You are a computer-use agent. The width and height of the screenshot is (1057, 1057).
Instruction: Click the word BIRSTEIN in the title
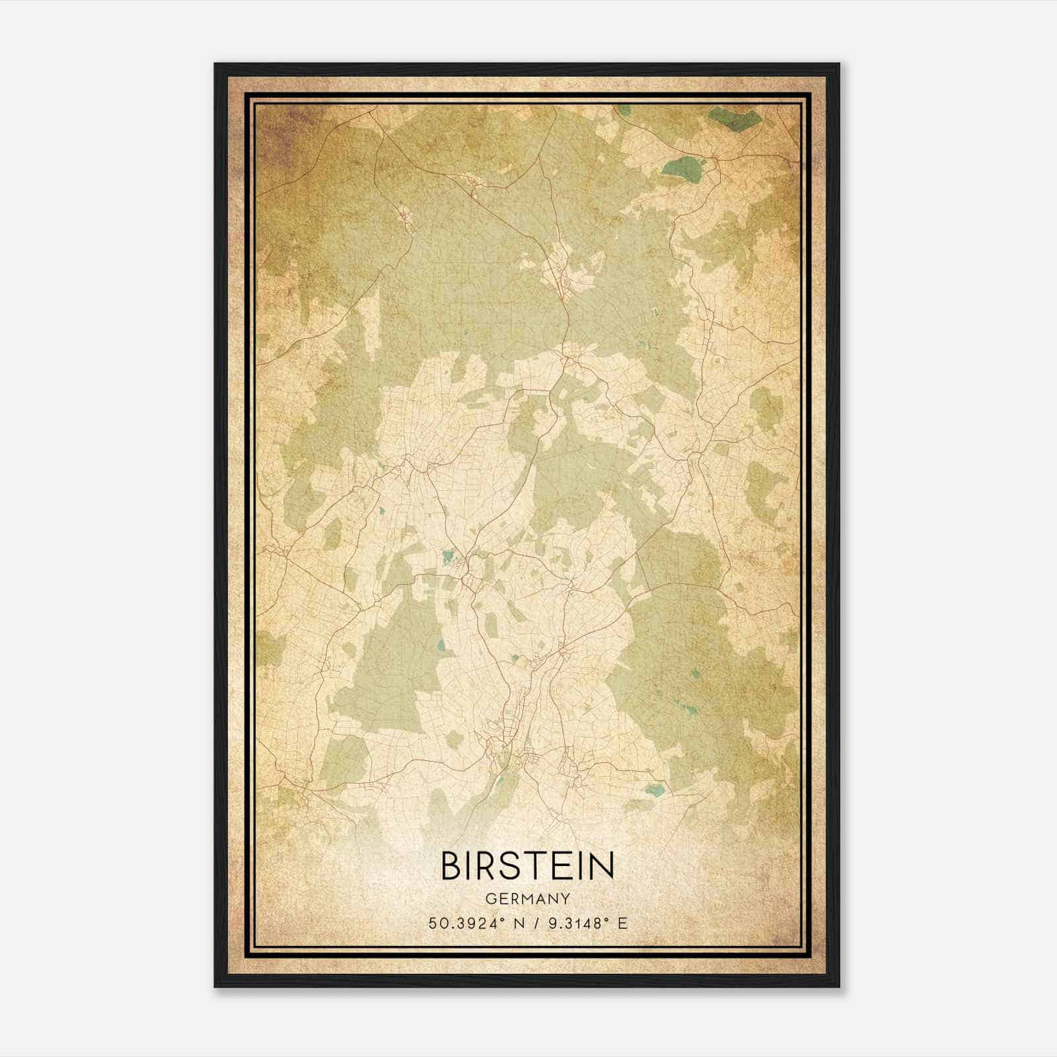(527, 866)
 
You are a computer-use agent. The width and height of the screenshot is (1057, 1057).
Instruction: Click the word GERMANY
(527, 898)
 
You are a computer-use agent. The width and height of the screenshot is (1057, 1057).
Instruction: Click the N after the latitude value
(520, 924)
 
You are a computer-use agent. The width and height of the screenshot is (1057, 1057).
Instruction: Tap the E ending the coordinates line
(622, 924)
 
